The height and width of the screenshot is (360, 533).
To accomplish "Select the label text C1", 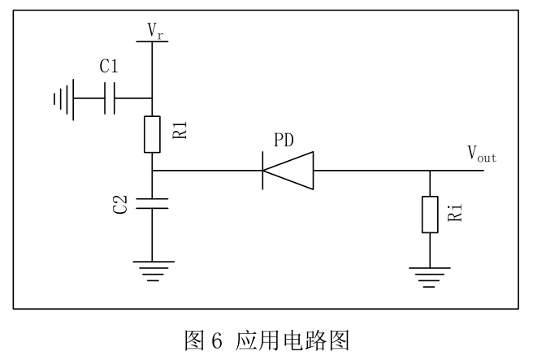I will tap(110, 67).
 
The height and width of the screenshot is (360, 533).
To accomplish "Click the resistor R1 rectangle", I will tap(153, 135).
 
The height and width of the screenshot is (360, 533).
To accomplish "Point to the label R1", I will tap(180, 129).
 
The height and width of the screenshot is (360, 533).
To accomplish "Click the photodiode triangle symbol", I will tap(287, 171).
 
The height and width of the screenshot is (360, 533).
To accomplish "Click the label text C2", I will tap(120, 205).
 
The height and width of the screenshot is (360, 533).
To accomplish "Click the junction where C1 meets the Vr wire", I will tap(153, 99).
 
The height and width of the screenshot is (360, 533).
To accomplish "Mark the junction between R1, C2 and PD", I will tap(153, 171).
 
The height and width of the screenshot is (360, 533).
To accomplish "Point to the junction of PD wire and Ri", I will tap(430, 171).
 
